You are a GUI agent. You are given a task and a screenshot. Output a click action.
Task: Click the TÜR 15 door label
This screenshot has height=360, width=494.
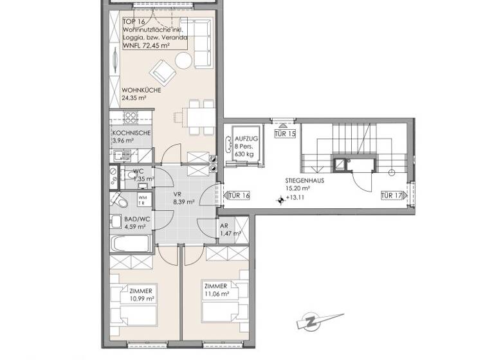284,134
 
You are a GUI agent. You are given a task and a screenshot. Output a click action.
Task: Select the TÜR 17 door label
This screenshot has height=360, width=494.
391,195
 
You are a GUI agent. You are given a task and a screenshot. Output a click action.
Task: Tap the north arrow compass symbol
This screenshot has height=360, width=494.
311,321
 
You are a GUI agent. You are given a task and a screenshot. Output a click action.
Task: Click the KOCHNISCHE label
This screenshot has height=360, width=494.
131,132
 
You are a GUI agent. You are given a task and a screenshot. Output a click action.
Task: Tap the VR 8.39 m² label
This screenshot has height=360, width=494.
183,197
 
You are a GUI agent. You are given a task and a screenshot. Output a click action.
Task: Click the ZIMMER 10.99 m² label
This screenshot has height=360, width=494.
140,294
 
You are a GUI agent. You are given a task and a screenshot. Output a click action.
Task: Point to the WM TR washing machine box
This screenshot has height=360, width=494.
143,201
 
